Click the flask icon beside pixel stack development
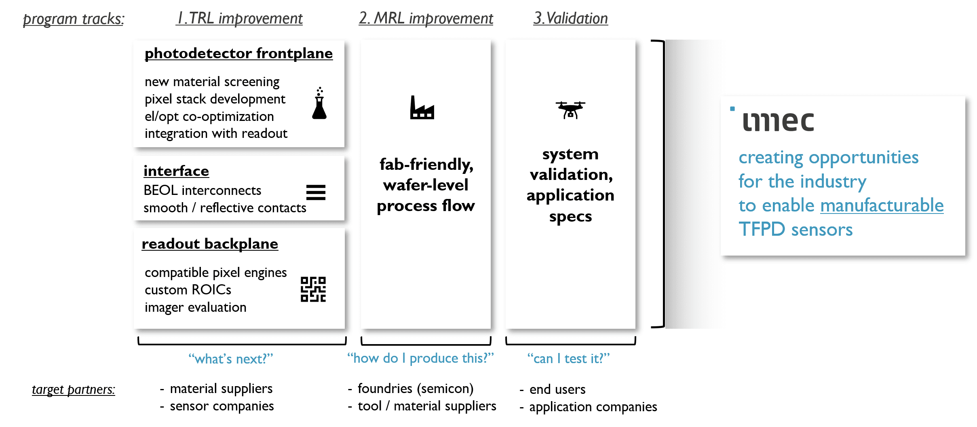[319, 104]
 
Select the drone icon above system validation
[570, 110]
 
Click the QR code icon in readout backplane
[313, 289]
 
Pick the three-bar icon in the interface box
[316, 192]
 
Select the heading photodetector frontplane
[238, 53]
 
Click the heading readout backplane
[210, 244]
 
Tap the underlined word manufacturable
[882, 205]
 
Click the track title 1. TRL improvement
[239, 19]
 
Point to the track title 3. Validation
[570, 19]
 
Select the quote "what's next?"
[231, 359]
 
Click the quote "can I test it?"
[568, 358]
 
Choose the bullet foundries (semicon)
[415, 389]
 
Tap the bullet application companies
[593, 407]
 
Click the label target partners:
[74, 389]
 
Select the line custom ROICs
[188, 290]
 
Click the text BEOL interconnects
[203, 190]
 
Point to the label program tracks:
[74, 19]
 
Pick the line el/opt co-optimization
[209, 116]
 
